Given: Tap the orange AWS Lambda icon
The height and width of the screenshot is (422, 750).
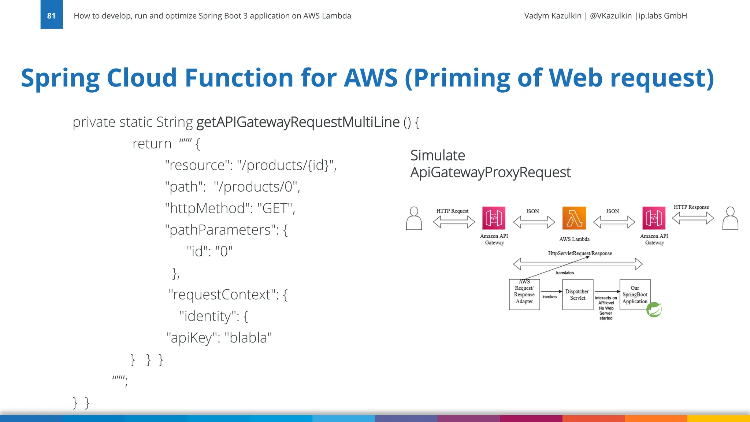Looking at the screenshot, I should point(574,218).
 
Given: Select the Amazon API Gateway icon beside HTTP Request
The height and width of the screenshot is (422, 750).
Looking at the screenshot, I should point(494,218).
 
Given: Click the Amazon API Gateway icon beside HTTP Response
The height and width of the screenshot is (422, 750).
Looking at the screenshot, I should point(654,218).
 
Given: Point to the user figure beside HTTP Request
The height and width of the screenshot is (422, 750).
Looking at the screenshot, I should point(414,218).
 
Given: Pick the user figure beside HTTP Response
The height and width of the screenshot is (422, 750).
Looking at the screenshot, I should point(730,218).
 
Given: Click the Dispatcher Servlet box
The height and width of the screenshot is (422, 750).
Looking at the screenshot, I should point(578,295).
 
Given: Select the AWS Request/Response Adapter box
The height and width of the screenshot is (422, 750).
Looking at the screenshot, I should point(524,295).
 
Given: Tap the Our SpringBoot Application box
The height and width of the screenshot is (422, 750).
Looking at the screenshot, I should point(635,295).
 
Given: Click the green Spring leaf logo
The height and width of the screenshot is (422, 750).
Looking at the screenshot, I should point(654,310).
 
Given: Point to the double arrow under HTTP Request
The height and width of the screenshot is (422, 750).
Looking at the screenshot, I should point(454,222).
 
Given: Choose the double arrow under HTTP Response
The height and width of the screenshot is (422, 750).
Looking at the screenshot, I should point(693,218).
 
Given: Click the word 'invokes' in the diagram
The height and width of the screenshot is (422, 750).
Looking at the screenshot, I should point(549,297).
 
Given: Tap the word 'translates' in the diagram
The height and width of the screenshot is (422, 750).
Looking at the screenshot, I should point(564,273).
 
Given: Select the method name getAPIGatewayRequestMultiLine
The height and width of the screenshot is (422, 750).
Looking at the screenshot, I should point(298,122).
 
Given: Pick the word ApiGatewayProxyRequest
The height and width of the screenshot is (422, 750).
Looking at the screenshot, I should point(490,172).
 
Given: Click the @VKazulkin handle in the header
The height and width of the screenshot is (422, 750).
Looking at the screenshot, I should point(610,16).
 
